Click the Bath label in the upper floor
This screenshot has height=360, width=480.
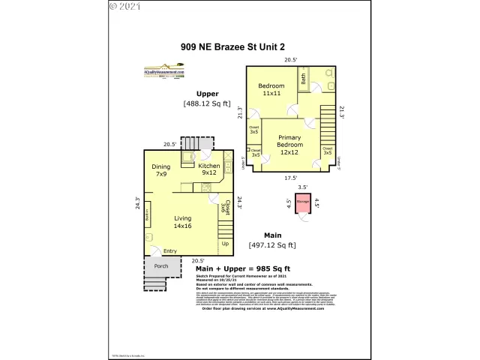(304, 77)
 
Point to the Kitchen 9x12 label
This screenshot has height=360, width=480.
(209, 169)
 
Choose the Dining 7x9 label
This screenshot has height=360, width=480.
(161, 170)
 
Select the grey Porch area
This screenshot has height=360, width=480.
(161, 266)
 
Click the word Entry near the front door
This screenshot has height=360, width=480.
(170, 250)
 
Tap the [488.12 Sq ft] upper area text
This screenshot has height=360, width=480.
(207, 103)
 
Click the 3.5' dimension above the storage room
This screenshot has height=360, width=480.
(303, 187)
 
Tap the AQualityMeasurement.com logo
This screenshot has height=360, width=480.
(169, 74)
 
